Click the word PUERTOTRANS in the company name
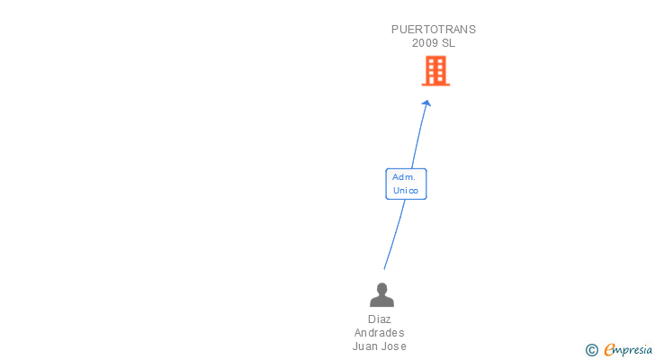(x=433, y=30)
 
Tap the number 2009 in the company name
(x=425, y=43)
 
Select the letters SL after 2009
(x=448, y=43)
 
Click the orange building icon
(x=435, y=71)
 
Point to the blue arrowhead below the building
(x=426, y=103)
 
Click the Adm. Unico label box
(x=406, y=184)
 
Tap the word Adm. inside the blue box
(x=403, y=177)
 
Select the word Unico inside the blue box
(x=406, y=190)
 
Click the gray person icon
(x=382, y=295)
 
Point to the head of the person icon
(x=382, y=289)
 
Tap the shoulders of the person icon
(x=382, y=301)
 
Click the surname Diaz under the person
(x=380, y=319)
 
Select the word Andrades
(x=380, y=333)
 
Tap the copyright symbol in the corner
(x=591, y=350)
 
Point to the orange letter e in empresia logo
(x=609, y=350)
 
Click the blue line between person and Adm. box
(x=393, y=234)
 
